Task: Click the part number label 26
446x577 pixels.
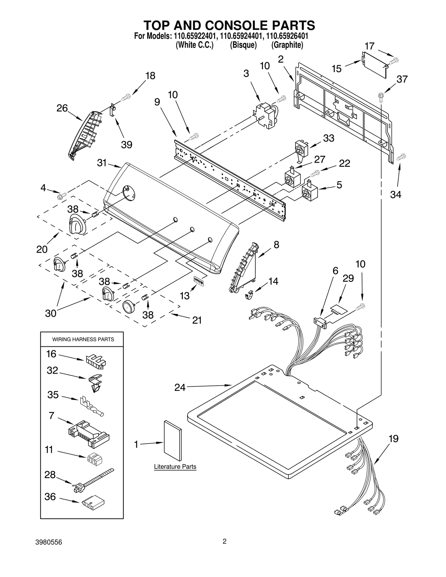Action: [x=62, y=108]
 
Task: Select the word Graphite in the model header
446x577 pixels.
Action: [x=287, y=45]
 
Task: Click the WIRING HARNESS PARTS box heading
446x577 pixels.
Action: [x=83, y=339]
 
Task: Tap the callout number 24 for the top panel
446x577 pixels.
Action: [x=180, y=387]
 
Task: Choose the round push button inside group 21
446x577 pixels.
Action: [x=129, y=307]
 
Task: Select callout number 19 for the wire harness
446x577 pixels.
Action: [x=393, y=439]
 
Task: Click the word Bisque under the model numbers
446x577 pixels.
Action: [x=243, y=45]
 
